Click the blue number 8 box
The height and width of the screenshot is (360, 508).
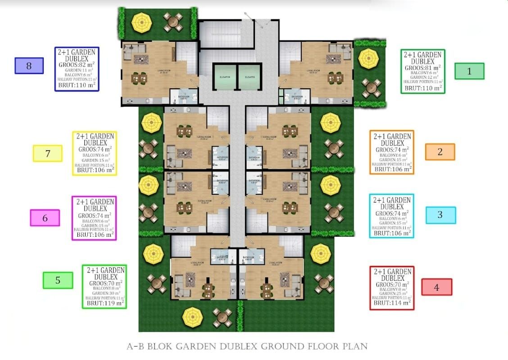tap(29, 66)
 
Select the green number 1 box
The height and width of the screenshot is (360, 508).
tap(469, 71)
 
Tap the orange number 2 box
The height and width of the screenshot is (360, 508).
tap(440, 152)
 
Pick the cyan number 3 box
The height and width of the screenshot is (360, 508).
tap(440, 215)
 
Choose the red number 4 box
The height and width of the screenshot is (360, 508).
tap(436, 287)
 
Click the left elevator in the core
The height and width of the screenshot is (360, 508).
tap(225, 77)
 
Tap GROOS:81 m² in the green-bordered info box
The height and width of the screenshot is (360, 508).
tap(422, 68)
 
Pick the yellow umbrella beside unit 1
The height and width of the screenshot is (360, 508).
tap(370, 58)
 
